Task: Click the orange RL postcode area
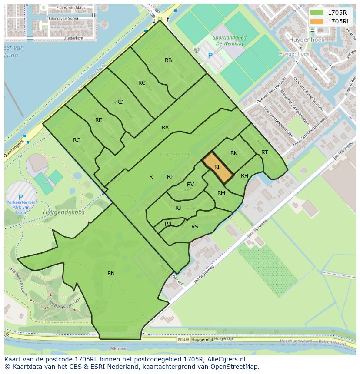point(218,167)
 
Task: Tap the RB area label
point(168,60)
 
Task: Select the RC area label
point(142,83)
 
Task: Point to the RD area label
point(120,102)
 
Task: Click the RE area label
point(99,120)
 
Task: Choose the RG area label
point(77,140)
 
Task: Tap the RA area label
point(165,128)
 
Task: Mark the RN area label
point(111,273)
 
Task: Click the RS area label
point(195,226)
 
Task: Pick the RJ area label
point(178,208)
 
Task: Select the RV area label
point(190,185)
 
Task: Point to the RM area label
point(221,193)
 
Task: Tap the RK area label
point(234,153)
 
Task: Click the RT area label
point(264,152)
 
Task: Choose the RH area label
point(244,176)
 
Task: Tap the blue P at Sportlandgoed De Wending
point(210,56)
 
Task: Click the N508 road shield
point(183,340)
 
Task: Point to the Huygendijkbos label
point(64,212)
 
